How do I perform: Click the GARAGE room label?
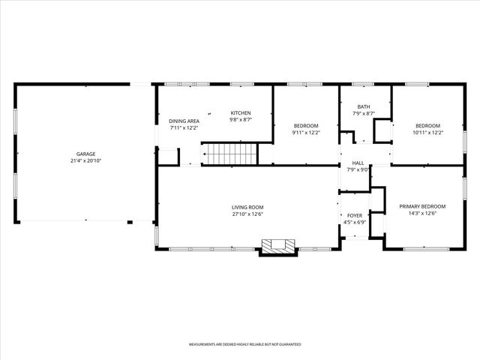click(x=85, y=154)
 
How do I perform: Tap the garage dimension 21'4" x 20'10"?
click(x=85, y=161)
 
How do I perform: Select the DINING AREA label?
click(x=184, y=121)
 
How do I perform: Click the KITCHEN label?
click(x=240, y=112)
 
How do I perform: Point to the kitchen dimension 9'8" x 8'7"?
click(x=240, y=119)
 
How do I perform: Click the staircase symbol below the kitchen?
click(x=232, y=154)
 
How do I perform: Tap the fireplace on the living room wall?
click(x=277, y=247)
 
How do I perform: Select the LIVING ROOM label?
click(x=247, y=207)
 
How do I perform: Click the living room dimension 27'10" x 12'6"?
click(x=247, y=214)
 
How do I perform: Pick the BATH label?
click(x=364, y=106)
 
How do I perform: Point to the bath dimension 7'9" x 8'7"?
click(x=364, y=114)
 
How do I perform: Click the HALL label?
click(x=358, y=162)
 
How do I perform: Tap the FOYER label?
click(x=354, y=215)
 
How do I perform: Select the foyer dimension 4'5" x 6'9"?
click(x=354, y=222)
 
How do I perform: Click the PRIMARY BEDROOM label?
click(x=422, y=206)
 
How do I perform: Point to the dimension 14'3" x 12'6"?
click(x=422, y=214)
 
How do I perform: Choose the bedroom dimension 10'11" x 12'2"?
click(x=427, y=133)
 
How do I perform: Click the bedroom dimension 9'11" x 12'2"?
click(x=305, y=133)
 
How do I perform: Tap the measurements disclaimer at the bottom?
click(x=244, y=344)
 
